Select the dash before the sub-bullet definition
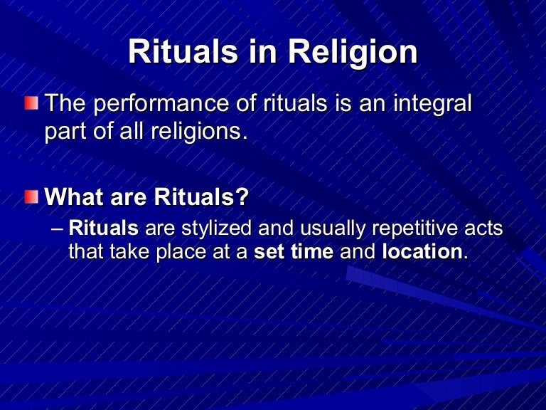(58, 229)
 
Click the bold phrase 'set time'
(294, 252)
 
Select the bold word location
(422, 252)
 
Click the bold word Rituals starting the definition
(104, 229)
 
